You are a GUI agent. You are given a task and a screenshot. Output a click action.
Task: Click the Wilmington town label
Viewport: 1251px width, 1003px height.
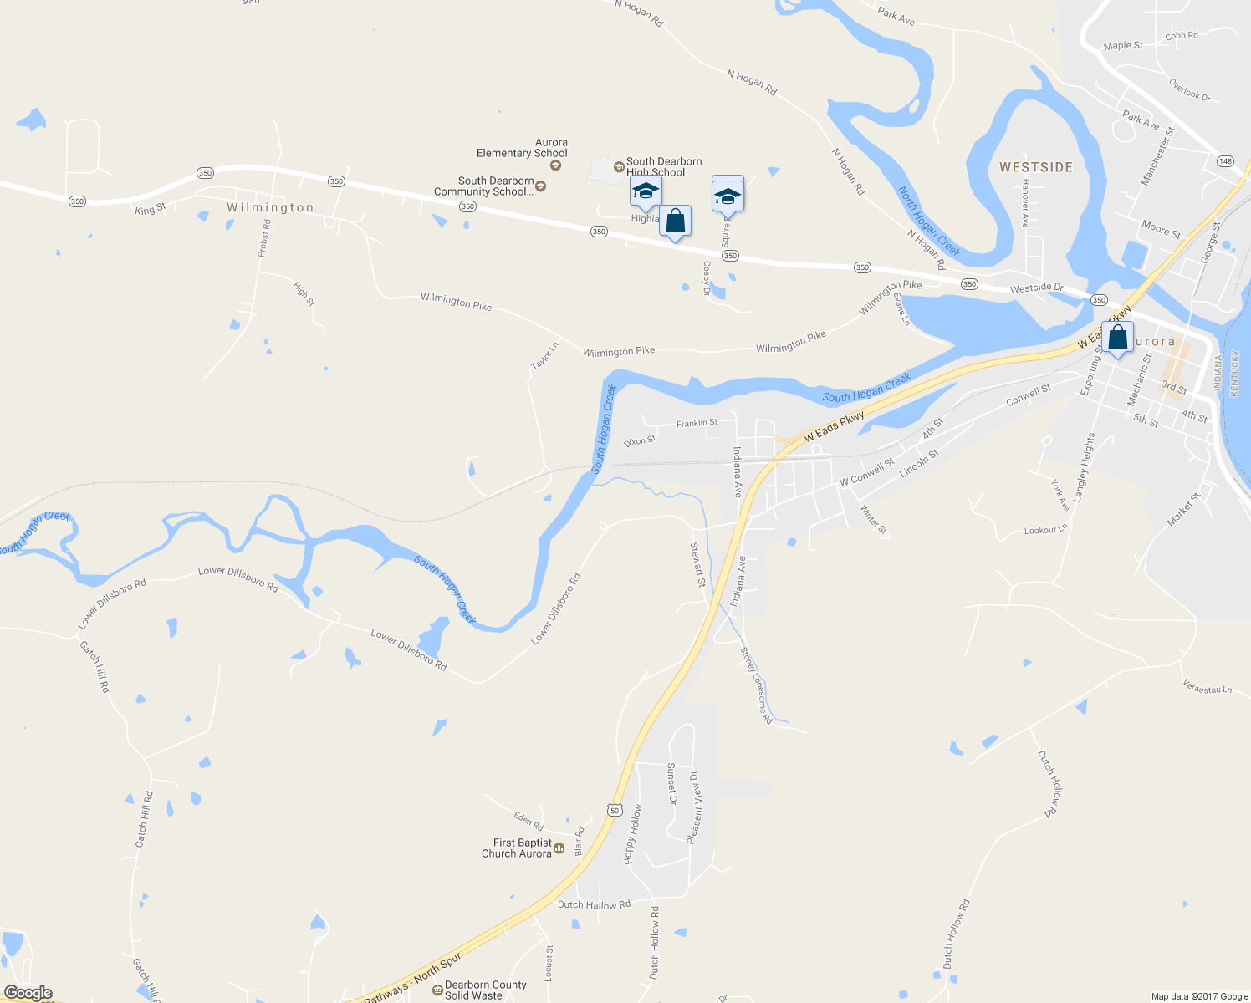tap(270, 207)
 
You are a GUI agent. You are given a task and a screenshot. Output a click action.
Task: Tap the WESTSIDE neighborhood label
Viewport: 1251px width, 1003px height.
tap(1035, 167)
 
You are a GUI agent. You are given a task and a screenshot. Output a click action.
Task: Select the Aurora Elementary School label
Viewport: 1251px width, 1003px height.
tap(522, 148)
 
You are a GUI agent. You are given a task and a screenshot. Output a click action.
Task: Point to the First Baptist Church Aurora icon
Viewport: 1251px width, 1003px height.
tap(559, 848)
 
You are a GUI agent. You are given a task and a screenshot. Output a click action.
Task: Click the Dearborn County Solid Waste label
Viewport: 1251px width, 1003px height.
tap(485, 990)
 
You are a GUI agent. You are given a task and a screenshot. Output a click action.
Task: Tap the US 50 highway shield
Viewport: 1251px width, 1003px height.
tap(615, 810)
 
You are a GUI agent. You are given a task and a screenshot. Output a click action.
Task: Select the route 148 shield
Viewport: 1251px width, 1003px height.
tap(1225, 161)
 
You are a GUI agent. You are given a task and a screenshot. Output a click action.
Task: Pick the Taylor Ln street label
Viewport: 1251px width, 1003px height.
tap(544, 356)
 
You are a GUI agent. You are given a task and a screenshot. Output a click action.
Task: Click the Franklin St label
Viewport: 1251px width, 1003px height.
tap(697, 423)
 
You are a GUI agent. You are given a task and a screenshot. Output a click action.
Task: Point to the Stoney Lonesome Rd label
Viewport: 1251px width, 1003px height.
tap(756, 685)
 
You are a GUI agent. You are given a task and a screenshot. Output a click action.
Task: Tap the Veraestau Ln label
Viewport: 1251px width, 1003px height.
tap(1207, 688)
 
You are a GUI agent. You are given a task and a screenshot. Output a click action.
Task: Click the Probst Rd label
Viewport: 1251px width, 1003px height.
tap(264, 237)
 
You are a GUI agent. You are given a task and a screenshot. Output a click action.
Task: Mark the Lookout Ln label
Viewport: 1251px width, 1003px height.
tap(1045, 530)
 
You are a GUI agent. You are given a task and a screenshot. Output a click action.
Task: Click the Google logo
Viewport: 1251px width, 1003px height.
tap(28, 993)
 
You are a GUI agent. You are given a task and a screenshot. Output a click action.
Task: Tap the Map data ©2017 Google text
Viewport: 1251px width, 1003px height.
tap(1198, 996)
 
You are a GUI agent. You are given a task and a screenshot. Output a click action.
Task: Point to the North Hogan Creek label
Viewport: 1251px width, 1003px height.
tap(928, 221)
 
